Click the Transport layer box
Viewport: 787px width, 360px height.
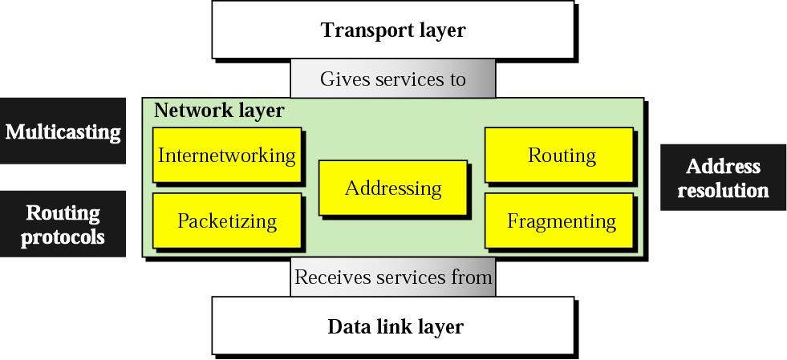pos(392,30)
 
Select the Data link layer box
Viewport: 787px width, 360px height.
pos(392,326)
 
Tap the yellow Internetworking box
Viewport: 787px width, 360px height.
pos(226,155)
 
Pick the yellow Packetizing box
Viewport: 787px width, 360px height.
pos(226,220)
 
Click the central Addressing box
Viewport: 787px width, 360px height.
pos(392,188)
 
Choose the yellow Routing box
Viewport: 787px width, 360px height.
pos(561,155)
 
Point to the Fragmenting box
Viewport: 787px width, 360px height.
pos(561,220)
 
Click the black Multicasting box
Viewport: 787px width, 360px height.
pos(63,131)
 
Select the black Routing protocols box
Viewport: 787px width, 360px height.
pos(63,224)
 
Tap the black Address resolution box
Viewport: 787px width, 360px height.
pos(723,178)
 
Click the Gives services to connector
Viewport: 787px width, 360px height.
pos(392,79)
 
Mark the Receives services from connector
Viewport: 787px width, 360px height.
pos(392,277)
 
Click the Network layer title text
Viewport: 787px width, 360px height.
pos(218,111)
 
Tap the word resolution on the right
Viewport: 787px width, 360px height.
pos(723,190)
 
